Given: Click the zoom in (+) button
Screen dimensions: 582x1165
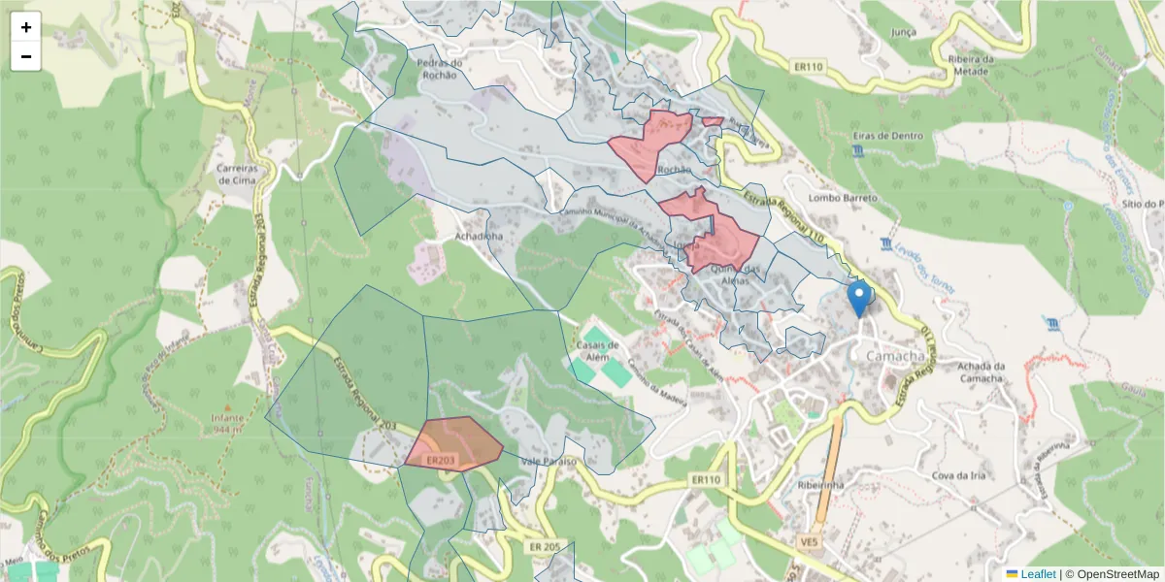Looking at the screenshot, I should (x=26, y=27).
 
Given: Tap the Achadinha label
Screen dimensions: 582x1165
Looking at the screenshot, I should (x=479, y=236).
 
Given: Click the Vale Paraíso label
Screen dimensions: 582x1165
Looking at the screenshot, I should (x=549, y=462).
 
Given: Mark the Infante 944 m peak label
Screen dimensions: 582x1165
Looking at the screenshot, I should (x=227, y=422).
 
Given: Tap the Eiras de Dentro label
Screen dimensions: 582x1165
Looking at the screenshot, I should (x=887, y=136).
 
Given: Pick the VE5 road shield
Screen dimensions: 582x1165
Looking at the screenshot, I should (x=809, y=541).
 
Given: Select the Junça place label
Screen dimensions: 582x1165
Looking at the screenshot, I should (x=903, y=32).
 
